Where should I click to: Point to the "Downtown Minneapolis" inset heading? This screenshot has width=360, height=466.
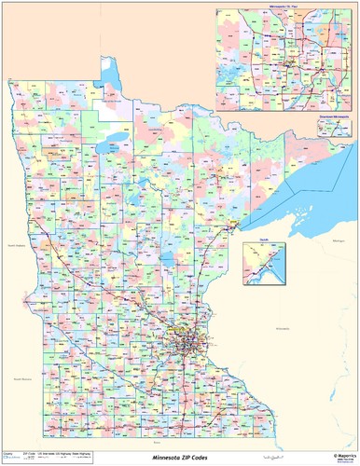point(335,114)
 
